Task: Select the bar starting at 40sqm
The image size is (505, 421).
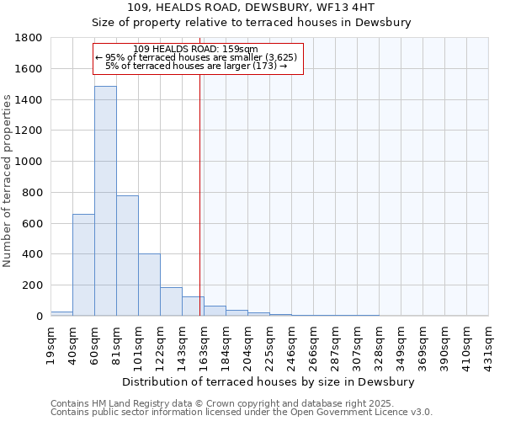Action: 83,264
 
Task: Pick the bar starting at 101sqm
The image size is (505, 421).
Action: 149,285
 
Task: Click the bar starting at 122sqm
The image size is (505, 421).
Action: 171,301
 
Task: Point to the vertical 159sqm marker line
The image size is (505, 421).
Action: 199,194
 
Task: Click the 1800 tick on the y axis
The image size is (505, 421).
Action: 30,38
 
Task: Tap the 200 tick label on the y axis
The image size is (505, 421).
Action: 34,285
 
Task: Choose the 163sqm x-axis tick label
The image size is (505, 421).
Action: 204,343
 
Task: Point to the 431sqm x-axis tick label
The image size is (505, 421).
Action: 488,343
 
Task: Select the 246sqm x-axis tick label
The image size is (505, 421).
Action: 291,343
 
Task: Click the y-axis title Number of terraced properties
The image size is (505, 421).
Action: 8,181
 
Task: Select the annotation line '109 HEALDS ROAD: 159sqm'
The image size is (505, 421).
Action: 195,50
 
